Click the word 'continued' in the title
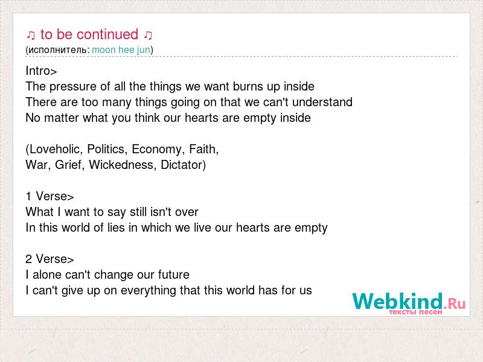click(x=107, y=34)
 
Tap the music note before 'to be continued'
click(x=31, y=36)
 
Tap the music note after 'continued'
click(x=148, y=36)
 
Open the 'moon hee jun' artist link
click(x=121, y=50)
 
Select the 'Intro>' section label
click(x=41, y=71)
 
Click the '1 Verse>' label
click(x=50, y=197)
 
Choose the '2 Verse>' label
click(x=50, y=259)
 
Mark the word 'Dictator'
click(x=182, y=165)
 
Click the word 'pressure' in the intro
click(x=73, y=87)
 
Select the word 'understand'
click(x=322, y=102)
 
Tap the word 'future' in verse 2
click(x=174, y=275)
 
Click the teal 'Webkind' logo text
click(x=398, y=301)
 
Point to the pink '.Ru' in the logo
click(x=455, y=303)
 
